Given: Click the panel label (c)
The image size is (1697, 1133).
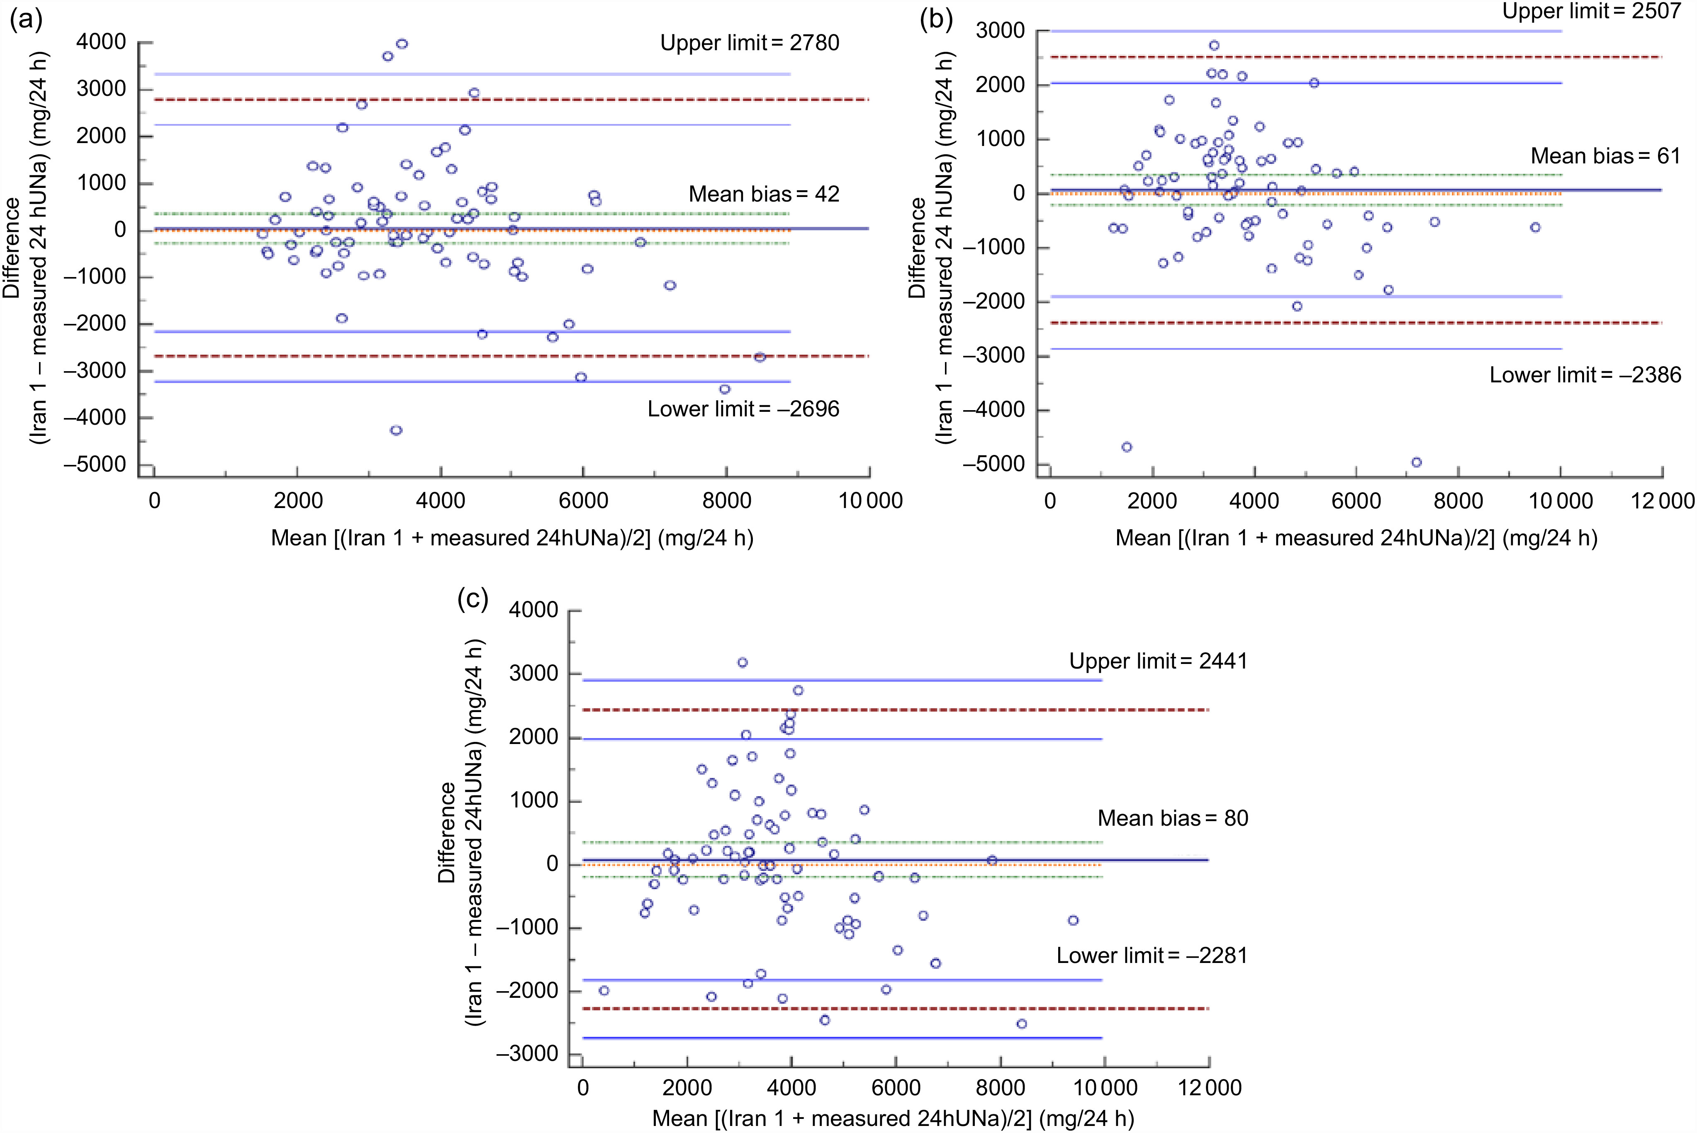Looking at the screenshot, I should coord(473,599).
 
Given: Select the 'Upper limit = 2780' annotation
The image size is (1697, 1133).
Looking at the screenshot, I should coord(750,44).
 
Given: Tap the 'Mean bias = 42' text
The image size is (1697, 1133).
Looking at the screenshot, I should coord(764,195).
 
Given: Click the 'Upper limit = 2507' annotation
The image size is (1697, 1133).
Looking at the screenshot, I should coord(1592,12).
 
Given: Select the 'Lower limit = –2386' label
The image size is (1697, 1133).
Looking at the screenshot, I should coord(1585,375).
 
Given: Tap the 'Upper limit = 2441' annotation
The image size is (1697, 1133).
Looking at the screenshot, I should coord(1159,661).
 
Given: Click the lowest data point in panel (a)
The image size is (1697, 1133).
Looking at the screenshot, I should coord(396,430).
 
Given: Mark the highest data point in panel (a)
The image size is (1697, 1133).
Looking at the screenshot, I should coord(402,44).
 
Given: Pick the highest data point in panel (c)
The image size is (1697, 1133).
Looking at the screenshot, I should coord(742,663).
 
